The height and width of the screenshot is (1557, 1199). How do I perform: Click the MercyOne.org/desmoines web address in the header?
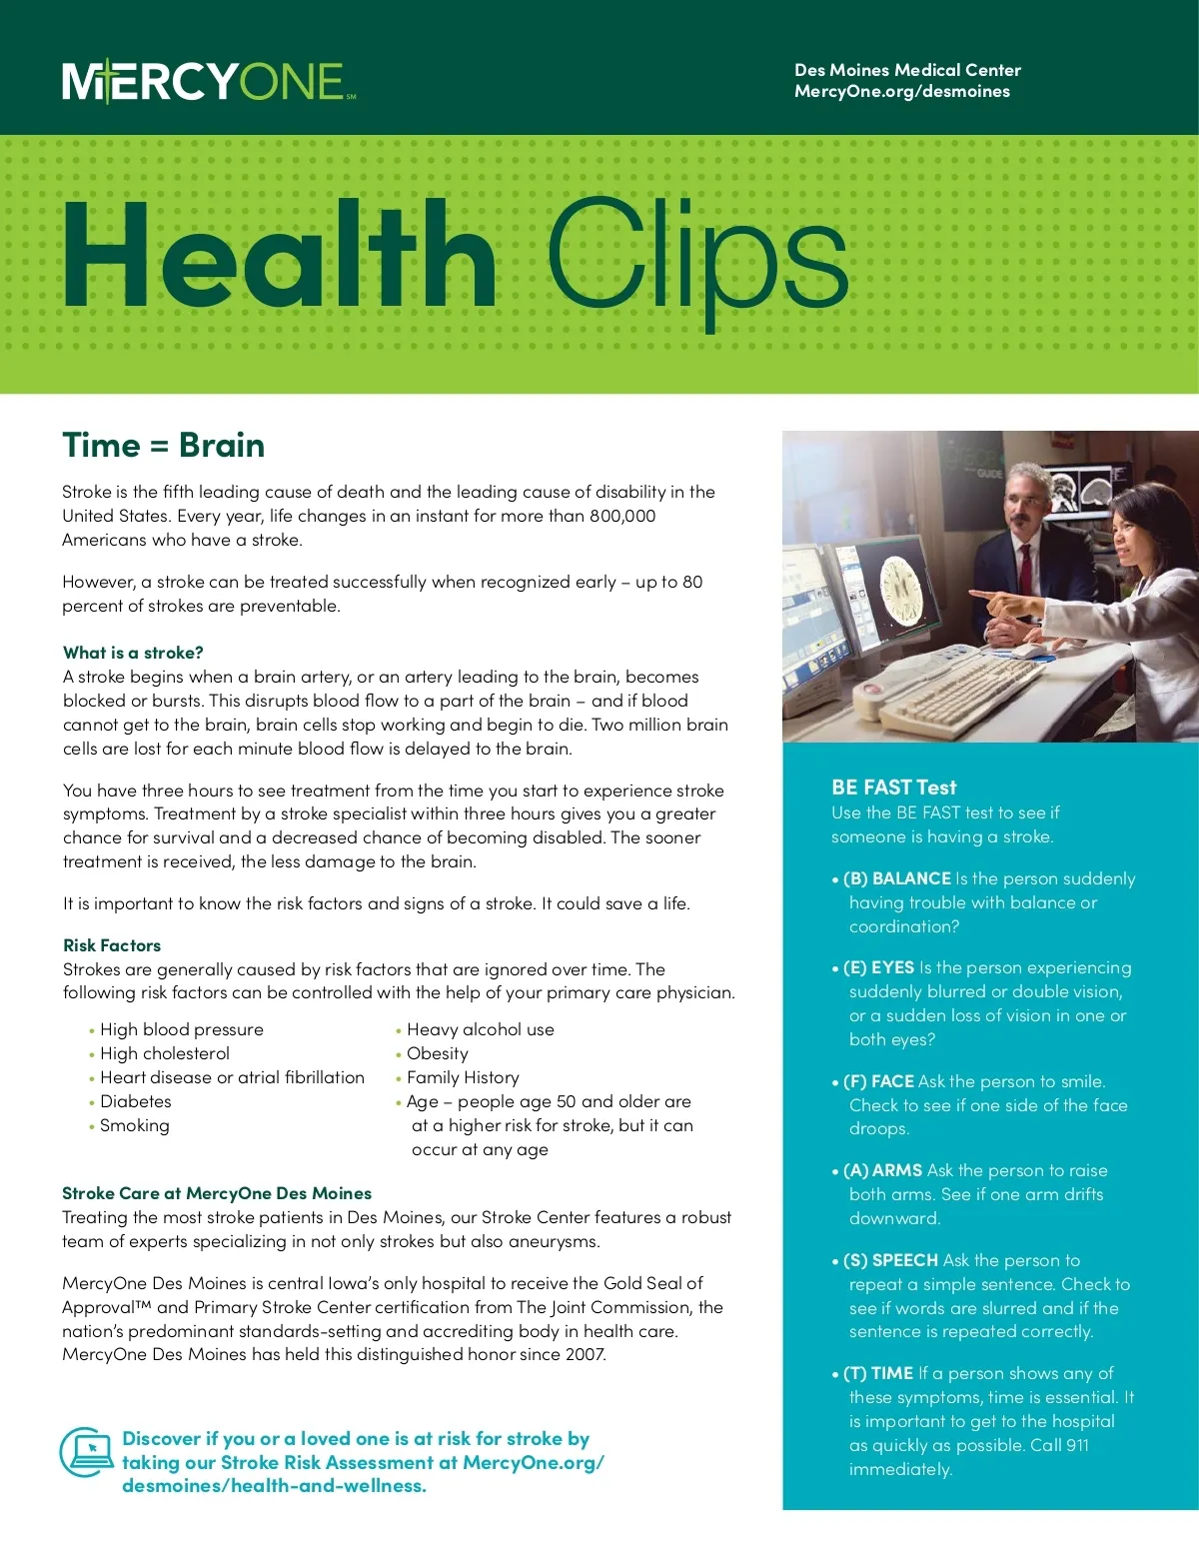pos(901,92)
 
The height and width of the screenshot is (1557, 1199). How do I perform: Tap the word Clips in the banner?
pos(697,258)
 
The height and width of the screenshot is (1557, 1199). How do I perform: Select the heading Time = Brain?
pos(163,446)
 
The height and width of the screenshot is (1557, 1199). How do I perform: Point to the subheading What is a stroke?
pos(133,653)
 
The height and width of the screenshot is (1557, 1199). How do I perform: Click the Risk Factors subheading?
pos(112,945)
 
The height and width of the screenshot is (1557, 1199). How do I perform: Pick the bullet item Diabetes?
pos(135,1101)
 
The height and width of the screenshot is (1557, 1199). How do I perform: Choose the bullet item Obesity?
pos(437,1053)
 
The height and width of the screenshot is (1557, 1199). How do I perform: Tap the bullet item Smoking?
pos(134,1125)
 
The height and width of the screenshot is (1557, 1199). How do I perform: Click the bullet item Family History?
pos(463,1077)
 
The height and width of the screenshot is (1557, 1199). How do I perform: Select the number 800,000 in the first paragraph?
pos(621,516)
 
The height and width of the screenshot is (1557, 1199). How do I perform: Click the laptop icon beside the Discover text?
pos(87,1451)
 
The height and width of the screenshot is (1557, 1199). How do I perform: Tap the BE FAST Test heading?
pos(893,787)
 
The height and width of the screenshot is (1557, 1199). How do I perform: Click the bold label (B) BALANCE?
pos(897,878)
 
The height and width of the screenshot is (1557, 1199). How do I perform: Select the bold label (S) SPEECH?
pos(890,1260)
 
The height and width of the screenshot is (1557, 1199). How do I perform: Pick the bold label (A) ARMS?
pos(882,1170)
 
